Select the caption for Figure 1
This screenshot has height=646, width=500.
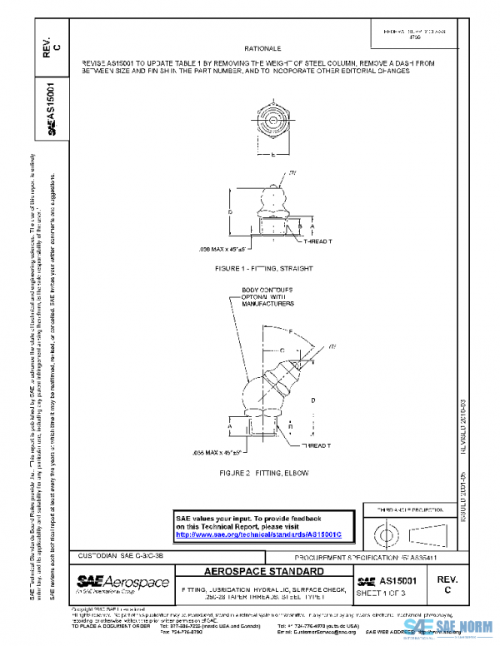[261, 271]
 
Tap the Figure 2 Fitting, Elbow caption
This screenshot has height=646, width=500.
[263, 473]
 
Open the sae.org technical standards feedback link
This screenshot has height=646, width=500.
[259, 534]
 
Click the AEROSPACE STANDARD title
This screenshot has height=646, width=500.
[264, 572]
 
